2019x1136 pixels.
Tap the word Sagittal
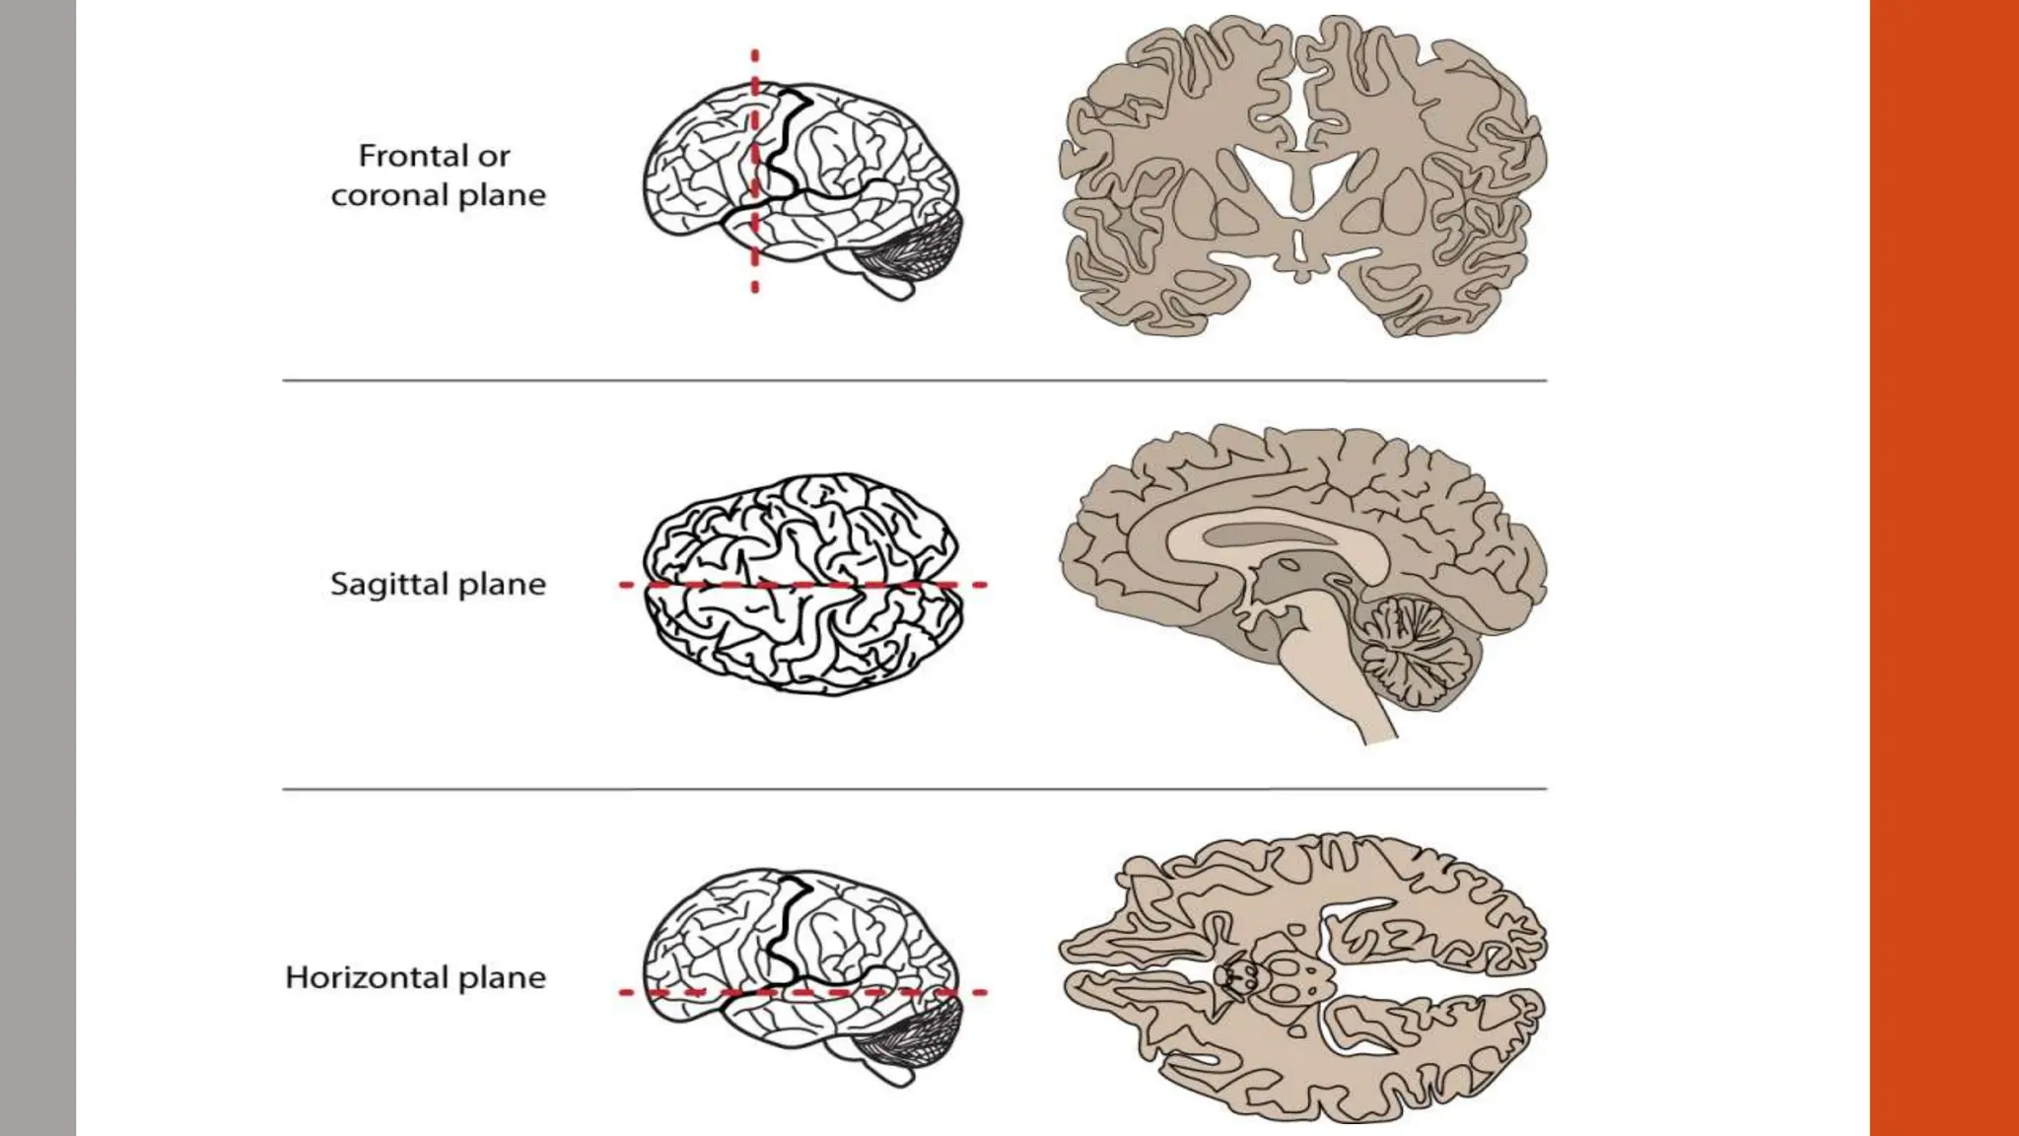(390, 584)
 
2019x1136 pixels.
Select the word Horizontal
(367, 977)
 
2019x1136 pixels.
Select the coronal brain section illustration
(1301, 177)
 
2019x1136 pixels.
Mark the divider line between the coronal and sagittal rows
(914, 380)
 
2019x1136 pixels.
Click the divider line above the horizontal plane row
(914, 789)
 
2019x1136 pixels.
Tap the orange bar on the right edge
(1944, 568)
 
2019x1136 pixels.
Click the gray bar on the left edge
(37, 568)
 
